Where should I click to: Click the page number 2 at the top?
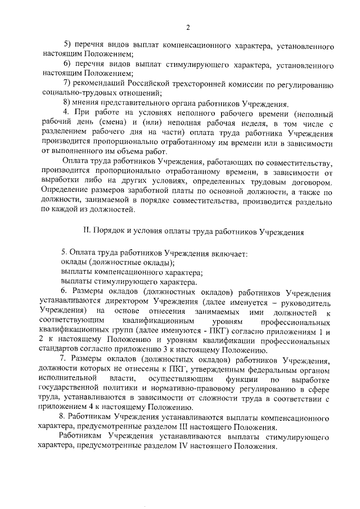[188, 27]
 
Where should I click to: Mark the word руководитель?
[305, 302]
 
